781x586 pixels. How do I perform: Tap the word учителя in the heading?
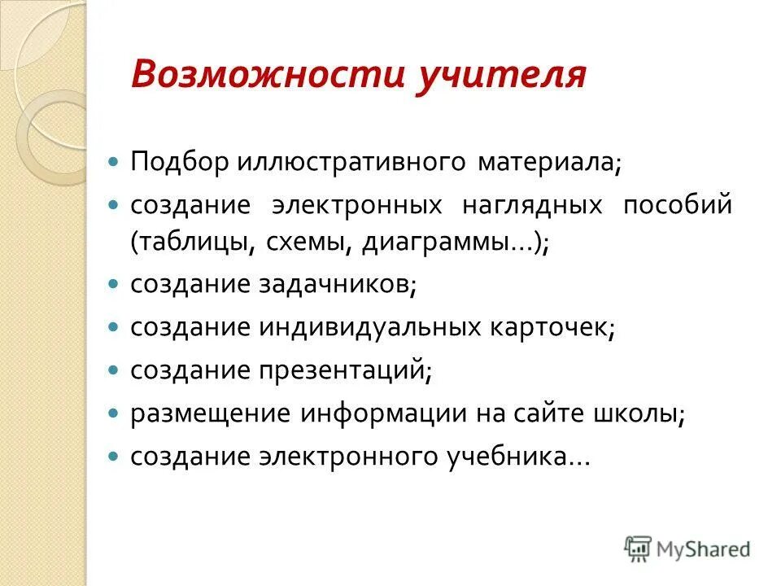(502, 75)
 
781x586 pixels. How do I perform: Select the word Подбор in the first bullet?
(181, 160)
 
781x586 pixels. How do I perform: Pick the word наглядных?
(533, 205)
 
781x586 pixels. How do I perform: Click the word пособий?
(678, 205)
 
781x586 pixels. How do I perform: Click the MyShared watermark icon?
(638, 548)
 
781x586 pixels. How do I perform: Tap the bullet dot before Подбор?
(114, 161)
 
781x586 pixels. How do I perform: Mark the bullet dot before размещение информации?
(114, 413)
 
